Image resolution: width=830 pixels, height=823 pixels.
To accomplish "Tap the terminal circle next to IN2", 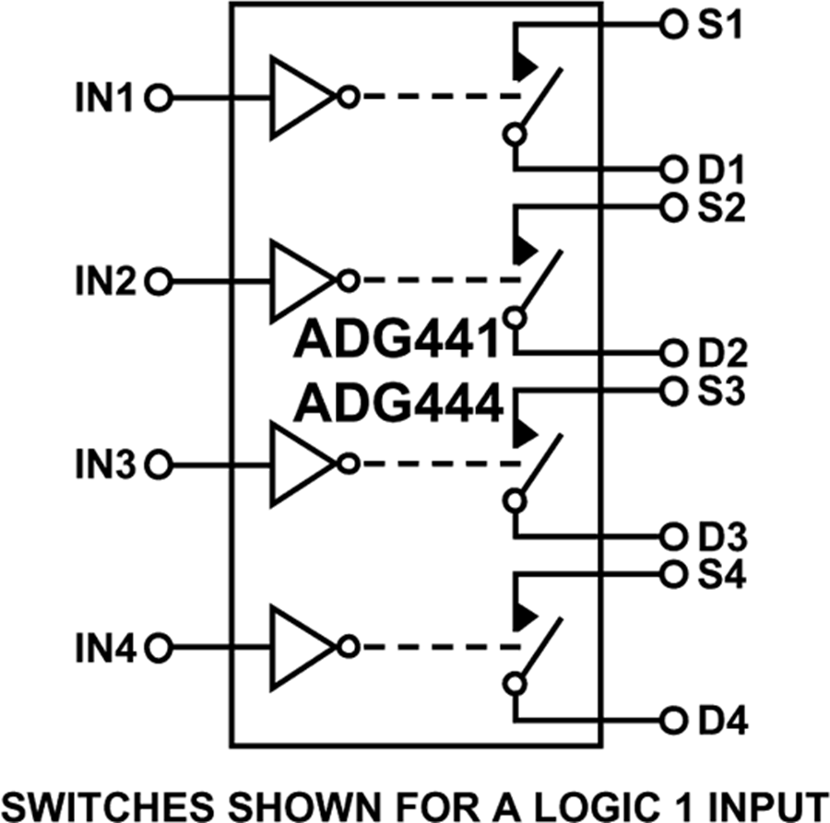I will (x=159, y=281).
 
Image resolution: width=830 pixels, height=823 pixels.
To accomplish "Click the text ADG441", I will (x=397, y=342).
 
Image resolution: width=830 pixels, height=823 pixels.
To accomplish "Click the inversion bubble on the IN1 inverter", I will (x=348, y=98).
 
